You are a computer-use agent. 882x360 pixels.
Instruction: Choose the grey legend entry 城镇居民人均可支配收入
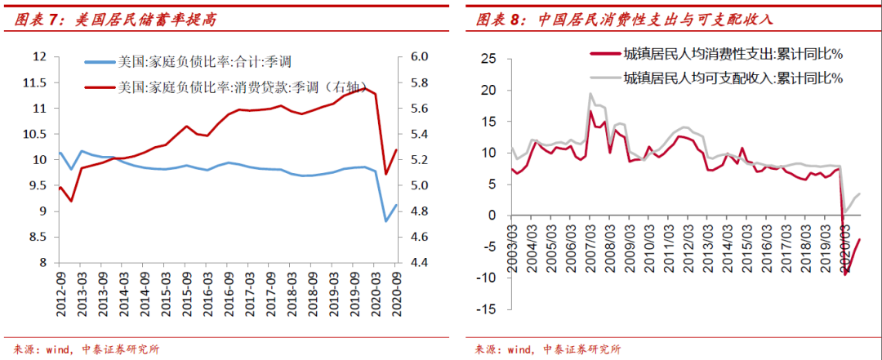point(731,78)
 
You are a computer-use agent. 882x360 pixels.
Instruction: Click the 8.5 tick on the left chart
point(38,237)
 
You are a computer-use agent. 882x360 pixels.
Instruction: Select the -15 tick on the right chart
point(488,309)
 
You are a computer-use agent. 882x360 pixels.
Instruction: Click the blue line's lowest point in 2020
point(385,220)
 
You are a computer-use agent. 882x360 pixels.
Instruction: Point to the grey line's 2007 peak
point(590,93)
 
